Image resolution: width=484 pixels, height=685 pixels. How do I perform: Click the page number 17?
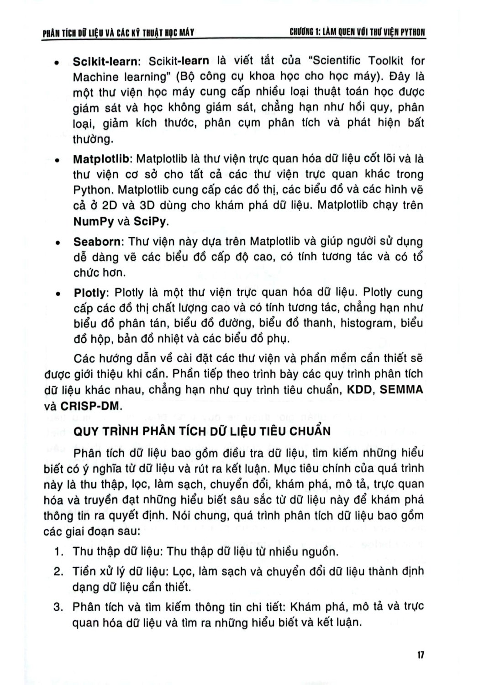[421, 655]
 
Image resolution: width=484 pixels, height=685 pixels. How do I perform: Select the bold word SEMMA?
[401, 390]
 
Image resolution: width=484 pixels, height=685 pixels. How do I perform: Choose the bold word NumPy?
[94, 221]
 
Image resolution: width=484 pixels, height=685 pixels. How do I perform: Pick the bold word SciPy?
[151, 221]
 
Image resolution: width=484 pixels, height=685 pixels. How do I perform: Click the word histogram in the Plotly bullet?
[366, 323]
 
